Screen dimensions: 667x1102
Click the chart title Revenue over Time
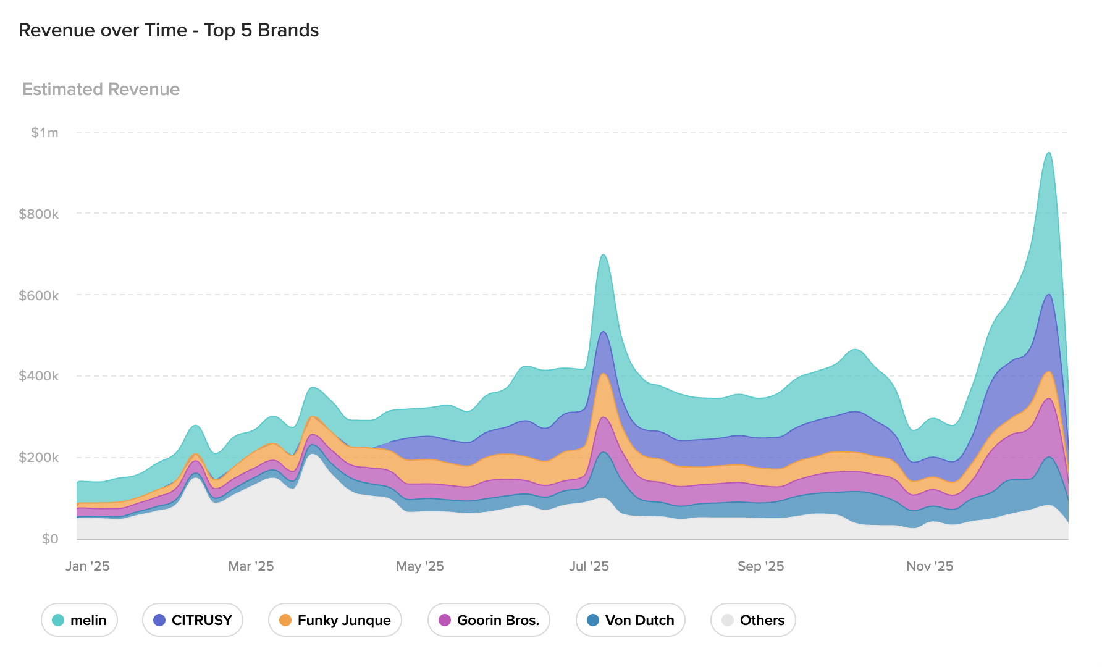pos(169,30)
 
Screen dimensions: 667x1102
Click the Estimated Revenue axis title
pos(101,90)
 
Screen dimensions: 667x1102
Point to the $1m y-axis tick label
pos(44,133)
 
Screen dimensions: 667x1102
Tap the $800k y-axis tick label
pos(38,214)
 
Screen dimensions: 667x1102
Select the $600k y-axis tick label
pos(38,296)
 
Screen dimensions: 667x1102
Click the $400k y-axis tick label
pos(38,376)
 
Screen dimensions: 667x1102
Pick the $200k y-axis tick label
pos(38,458)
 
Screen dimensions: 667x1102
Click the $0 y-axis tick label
pos(50,539)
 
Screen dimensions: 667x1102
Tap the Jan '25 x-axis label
pos(87,566)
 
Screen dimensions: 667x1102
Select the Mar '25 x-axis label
pos(251,566)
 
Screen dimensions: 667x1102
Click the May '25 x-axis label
pos(420,566)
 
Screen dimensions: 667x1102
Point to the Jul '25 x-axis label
pos(589,566)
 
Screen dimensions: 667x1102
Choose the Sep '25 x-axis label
pos(760,566)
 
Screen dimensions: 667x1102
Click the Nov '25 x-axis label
pos(930,566)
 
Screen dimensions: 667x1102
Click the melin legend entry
pos(80,620)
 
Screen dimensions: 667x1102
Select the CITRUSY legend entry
pos(193,620)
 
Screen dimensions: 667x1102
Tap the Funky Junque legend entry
pos(335,620)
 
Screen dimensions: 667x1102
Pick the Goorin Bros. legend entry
pos(489,620)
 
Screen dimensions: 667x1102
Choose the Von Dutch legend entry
pos(630,620)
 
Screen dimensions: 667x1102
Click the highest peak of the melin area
pos(1048,153)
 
